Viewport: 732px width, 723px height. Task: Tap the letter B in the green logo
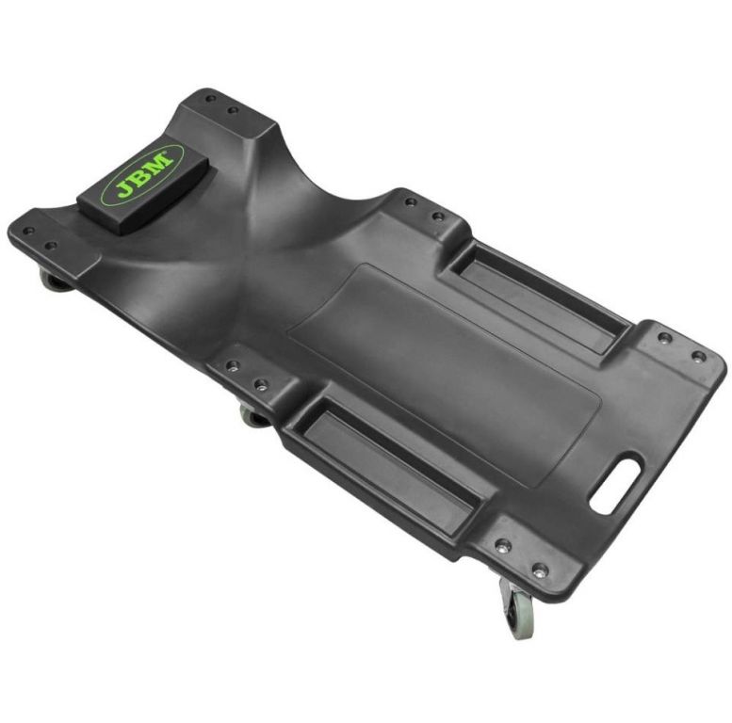pyautogui.click(x=141, y=175)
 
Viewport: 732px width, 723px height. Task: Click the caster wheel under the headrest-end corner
pyautogui.click(x=53, y=281)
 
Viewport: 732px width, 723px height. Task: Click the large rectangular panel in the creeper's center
pyautogui.click(x=444, y=376)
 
